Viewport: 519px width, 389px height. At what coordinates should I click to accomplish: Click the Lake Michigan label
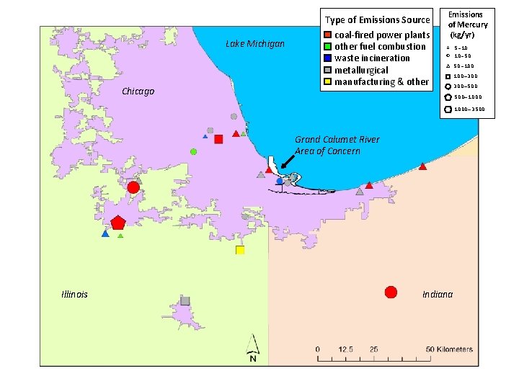(x=255, y=44)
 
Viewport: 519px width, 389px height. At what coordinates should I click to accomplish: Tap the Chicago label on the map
(x=138, y=91)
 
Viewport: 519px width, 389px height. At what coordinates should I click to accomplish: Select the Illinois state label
(x=74, y=294)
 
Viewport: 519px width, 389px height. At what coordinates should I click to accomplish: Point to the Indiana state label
(x=438, y=294)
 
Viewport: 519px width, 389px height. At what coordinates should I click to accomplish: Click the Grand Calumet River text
(x=337, y=139)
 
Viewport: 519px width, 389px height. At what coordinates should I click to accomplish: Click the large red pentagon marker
(x=118, y=223)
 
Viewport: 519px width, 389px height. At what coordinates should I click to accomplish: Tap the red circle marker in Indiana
(x=391, y=292)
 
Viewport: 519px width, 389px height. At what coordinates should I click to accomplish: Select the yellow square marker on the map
(x=240, y=250)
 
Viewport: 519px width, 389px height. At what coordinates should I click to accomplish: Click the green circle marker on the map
(x=193, y=151)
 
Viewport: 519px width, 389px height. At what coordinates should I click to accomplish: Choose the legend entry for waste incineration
(x=372, y=58)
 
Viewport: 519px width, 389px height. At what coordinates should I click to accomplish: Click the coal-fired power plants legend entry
(x=382, y=35)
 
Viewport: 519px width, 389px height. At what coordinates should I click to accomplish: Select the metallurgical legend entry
(x=361, y=70)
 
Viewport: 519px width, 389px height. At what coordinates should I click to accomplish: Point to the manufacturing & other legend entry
(x=381, y=81)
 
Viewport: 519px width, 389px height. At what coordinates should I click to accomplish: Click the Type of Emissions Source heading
(x=377, y=19)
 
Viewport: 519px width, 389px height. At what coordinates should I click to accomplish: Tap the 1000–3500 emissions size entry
(x=469, y=109)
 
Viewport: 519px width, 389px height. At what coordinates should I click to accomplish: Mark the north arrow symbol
(x=253, y=348)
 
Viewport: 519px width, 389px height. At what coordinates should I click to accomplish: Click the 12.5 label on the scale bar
(x=345, y=349)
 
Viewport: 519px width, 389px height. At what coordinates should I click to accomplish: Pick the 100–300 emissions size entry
(x=466, y=76)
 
